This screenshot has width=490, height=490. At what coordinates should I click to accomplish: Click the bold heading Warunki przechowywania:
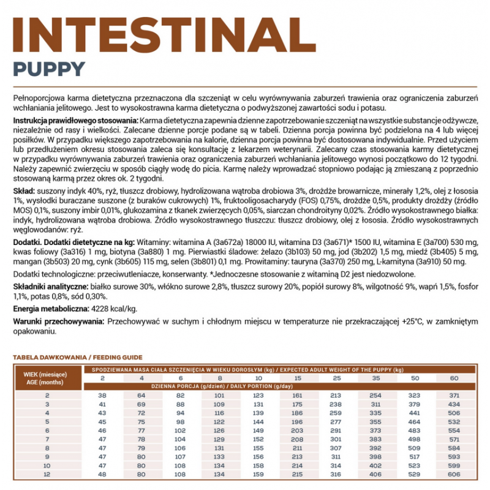pyautogui.click(x=58, y=321)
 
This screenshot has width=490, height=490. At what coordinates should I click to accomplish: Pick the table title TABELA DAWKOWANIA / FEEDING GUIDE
pyautogui.click(x=77, y=357)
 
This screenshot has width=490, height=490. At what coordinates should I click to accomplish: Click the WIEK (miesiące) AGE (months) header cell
pyautogui.click(x=47, y=378)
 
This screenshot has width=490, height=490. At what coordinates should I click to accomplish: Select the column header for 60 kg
pyautogui.click(x=453, y=378)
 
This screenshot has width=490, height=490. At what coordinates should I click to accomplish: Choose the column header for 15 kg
pyautogui.click(x=298, y=378)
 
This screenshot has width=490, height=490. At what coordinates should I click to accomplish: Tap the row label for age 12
pyautogui.click(x=47, y=473)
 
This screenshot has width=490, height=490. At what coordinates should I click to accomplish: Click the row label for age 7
pyautogui.click(x=47, y=439)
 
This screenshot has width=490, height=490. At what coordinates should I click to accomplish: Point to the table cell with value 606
pyautogui.click(x=453, y=473)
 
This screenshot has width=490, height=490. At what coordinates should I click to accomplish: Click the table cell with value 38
pyautogui.click(x=102, y=396)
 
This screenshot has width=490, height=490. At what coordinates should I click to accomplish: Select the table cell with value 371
pyautogui.click(x=453, y=396)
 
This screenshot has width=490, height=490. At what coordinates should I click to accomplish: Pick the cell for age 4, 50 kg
pyautogui.click(x=415, y=413)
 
